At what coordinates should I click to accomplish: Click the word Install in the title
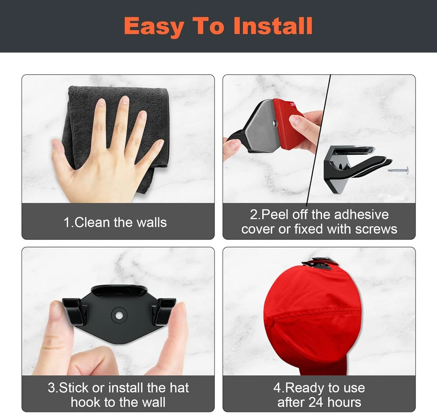(273, 26)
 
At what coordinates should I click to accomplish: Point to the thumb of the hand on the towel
(63, 156)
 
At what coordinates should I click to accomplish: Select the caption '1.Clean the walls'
(115, 222)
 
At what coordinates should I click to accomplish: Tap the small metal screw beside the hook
(398, 170)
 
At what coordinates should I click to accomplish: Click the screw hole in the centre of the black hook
(119, 316)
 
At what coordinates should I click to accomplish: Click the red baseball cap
(312, 318)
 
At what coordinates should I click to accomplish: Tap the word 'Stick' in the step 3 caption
(73, 388)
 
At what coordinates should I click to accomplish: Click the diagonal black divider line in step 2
(318, 139)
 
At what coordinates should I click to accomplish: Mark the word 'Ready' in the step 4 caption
(305, 388)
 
